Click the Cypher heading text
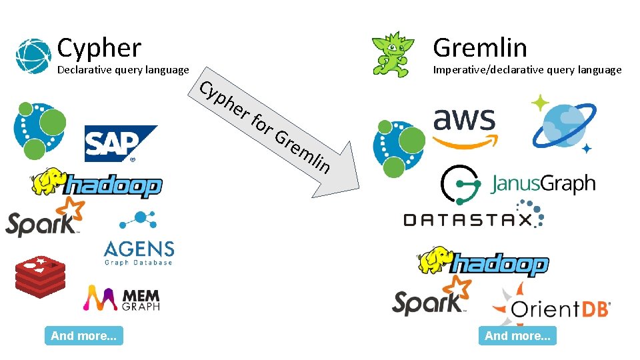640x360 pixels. tap(99, 48)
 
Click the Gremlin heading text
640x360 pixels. tap(479, 48)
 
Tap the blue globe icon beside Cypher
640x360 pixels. tap(33, 55)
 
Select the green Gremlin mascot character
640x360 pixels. tap(386, 53)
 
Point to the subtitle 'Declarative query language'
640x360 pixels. tap(123, 70)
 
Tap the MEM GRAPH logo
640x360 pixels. tap(121, 299)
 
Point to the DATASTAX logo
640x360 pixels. tap(473, 217)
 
